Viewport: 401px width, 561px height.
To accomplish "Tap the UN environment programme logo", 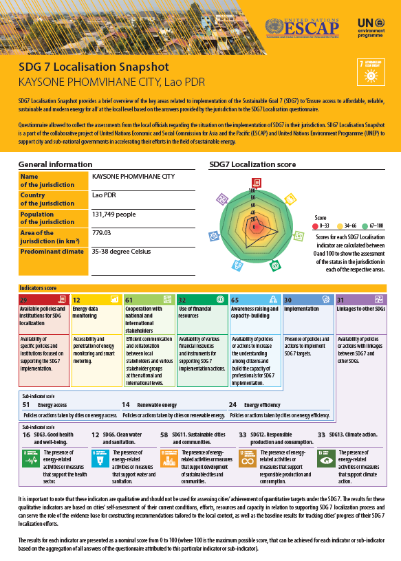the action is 373,27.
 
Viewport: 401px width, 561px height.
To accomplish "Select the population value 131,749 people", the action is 115,215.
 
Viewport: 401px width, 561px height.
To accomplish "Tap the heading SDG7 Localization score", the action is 252,165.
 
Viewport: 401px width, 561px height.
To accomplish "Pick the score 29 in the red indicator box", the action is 24,300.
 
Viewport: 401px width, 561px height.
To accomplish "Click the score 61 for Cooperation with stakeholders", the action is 129,300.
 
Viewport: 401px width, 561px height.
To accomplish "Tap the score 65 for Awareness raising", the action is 235,300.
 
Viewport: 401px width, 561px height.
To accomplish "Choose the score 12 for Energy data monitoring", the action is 77,300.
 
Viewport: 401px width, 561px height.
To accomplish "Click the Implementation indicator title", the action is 301,309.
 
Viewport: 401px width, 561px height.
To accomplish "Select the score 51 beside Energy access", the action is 25,406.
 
